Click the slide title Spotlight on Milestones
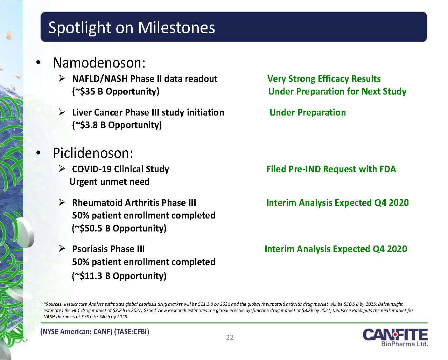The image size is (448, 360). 132,28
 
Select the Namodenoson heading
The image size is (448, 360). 99,63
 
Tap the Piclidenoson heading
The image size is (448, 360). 93,153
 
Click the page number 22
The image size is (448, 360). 230,337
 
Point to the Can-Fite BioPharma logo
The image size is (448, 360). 395,337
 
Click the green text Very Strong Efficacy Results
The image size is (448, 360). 324,79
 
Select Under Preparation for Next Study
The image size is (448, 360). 337,91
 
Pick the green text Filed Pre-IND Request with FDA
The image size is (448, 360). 331,169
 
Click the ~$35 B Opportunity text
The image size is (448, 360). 116,91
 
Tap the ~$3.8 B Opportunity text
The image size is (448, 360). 117,125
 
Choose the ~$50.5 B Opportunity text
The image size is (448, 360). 119,228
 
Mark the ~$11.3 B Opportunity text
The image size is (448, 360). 119,276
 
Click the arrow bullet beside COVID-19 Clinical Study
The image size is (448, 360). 62,168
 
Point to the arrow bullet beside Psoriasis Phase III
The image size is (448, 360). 62,248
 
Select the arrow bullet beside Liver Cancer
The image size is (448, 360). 62,112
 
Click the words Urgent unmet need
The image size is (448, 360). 110,182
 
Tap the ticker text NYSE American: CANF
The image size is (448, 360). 76,331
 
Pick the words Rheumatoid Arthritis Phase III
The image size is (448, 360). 134,203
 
